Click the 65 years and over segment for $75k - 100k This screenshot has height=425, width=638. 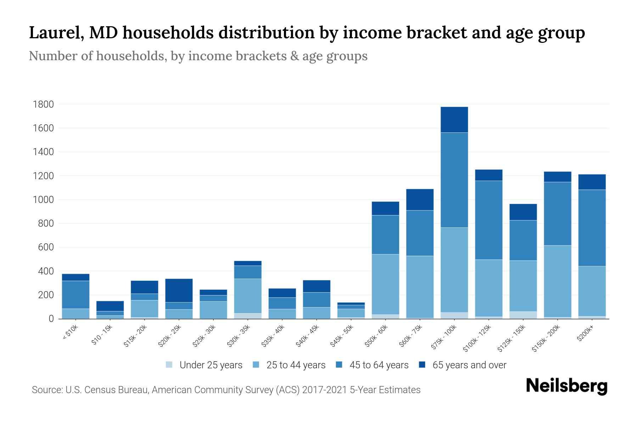[454, 119]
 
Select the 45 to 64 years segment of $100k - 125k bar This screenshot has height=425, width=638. [488, 220]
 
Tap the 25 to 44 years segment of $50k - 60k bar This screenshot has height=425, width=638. [385, 284]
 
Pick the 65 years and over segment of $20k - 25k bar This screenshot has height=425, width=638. [179, 290]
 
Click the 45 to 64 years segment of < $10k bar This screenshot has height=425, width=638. [75, 295]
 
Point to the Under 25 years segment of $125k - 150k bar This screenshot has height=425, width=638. [523, 315]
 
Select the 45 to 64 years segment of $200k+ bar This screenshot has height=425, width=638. [592, 228]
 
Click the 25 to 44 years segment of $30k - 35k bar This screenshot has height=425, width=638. [248, 296]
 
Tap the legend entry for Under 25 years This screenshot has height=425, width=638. [204, 365]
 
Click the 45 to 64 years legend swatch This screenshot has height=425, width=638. [339, 365]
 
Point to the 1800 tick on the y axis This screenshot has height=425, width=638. [43, 104]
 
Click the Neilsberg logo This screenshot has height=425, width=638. [566, 386]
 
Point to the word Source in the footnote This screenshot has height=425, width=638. [46, 390]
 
